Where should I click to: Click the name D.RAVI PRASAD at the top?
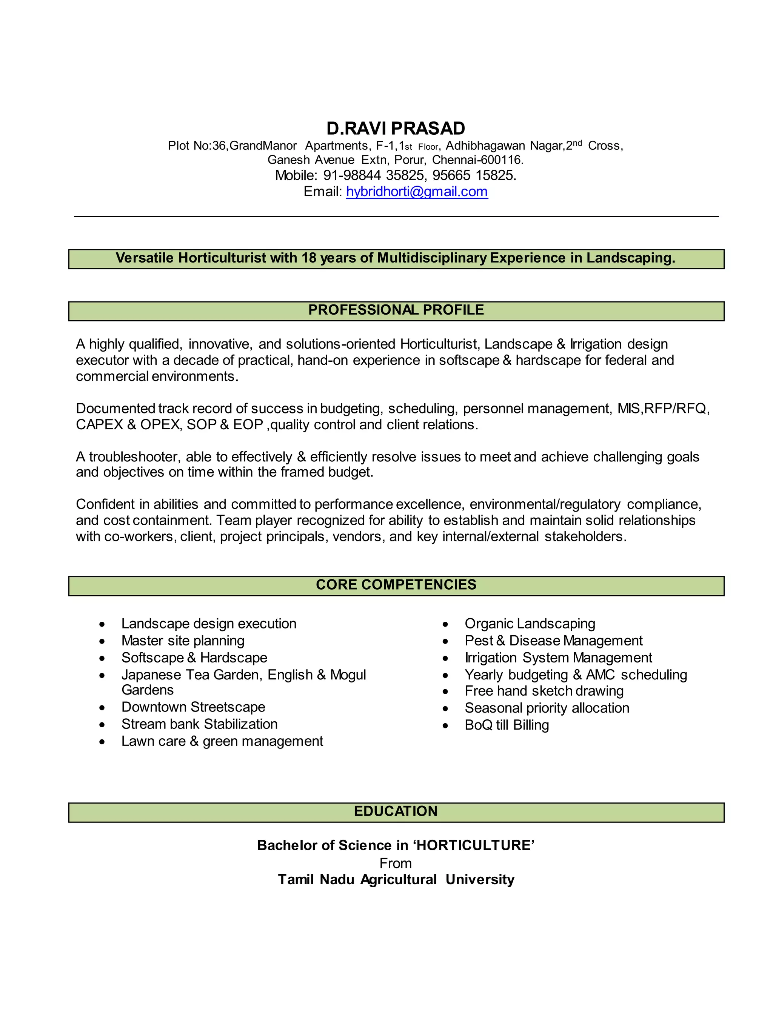point(395,128)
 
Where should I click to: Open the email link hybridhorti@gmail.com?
point(417,192)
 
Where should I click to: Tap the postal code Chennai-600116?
point(477,160)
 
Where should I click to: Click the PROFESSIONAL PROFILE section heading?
point(396,310)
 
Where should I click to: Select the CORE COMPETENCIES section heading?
point(396,584)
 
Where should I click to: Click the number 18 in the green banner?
point(309,258)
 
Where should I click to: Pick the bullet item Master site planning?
point(183,641)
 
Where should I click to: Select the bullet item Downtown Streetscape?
point(193,707)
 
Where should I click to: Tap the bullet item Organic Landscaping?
point(530,624)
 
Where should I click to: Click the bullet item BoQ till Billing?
point(507,725)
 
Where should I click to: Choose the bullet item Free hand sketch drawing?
point(544,691)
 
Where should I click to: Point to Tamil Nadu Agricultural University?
point(396,879)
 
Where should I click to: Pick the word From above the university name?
point(395,863)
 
